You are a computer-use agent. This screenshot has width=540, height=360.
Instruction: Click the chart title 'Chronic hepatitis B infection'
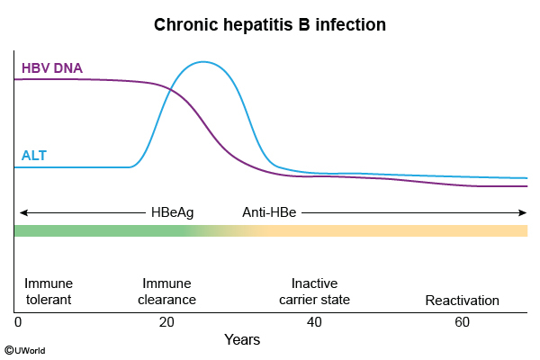270,24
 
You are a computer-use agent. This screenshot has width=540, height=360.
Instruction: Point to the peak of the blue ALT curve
204,62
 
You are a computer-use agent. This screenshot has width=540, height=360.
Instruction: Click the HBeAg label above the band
172,212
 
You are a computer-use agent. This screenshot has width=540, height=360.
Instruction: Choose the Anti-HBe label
270,212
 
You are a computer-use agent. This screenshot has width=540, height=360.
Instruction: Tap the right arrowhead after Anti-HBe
522,212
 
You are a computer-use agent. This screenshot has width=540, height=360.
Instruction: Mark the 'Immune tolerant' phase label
49,291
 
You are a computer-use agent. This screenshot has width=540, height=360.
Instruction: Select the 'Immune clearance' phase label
166,291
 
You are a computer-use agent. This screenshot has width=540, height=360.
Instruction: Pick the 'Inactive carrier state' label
314,291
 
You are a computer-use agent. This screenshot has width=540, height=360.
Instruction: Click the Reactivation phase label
462,300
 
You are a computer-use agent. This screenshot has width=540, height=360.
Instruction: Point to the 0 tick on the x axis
18,321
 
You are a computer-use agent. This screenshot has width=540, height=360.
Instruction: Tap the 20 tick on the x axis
166,321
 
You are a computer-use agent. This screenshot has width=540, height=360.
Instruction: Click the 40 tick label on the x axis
314,321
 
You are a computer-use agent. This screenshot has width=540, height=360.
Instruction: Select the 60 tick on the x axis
462,321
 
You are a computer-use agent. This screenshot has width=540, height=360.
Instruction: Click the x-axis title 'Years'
242,340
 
